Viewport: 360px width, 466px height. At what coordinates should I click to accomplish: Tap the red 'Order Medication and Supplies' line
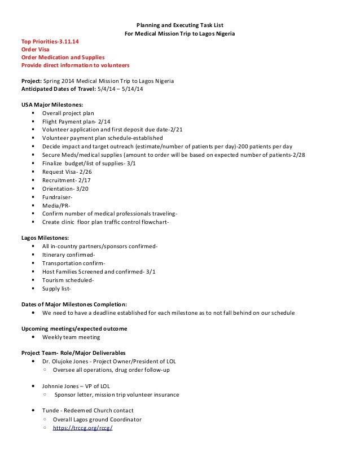pyautogui.click(x=63, y=57)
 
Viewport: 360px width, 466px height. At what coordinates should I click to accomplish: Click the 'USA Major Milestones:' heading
pyautogui.click(x=52, y=105)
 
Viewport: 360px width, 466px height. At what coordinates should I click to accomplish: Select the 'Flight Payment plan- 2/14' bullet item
pyautogui.click(x=77, y=121)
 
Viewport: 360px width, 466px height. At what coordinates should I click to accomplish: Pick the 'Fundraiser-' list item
pyautogui.click(x=58, y=197)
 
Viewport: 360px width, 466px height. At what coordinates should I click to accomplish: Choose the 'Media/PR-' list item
pyautogui.click(x=55, y=205)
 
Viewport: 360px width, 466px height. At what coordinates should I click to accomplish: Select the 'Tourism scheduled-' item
pyautogui.click(x=68, y=280)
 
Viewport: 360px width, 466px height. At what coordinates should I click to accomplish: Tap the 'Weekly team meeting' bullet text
pyautogui.click(x=71, y=337)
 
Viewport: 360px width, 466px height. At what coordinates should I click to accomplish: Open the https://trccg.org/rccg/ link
pyautogui.click(x=83, y=428)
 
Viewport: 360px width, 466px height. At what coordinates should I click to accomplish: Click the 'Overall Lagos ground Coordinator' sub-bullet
pyautogui.click(x=97, y=420)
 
